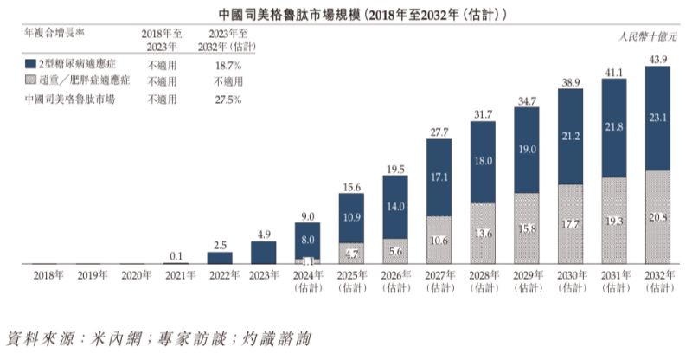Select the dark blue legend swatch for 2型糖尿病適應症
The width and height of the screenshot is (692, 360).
pyautogui.click(x=30, y=64)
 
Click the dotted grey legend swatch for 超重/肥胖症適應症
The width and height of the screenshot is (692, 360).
pyautogui.click(x=30, y=80)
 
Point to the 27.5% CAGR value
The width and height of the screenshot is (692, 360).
pyautogui.click(x=227, y=99)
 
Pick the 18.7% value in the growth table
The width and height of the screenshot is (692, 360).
pyautogui.click(x=227, y=65)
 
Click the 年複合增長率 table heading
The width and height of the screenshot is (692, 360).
pyautogui.click(x=52, y=33)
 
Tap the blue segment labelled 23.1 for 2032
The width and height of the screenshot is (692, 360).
pyautogui.click(x=657, y=117)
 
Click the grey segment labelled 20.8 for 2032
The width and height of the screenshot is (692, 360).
pyautogui.click(x=657, y=216)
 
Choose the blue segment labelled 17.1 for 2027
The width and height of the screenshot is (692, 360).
pyautogui.click(x=439, y=177)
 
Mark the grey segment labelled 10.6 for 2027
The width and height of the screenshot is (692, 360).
pyautogui.click(x=439, y=240)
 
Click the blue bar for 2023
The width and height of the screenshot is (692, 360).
pyautogui.click(x=263, y=252)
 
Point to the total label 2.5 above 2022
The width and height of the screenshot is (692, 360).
pyautogui.click(x=220, y=245)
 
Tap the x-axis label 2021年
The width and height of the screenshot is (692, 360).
pyautogui.click(x=176, y=275)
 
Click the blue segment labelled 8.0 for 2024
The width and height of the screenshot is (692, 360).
pyautogui.click(x=307, y=240)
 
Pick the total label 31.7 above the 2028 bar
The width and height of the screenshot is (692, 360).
pyautogui.click(x=483, y=113)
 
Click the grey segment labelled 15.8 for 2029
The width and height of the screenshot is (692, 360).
pyautogui.click(x=526, y=228)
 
